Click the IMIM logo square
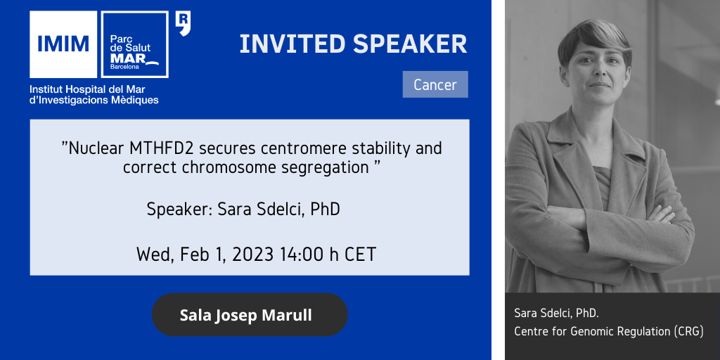(63, 44)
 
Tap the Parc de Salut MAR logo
(134, 44)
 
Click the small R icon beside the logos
(184, 24)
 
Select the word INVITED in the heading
(293, 44)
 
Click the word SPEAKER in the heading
(410, 44)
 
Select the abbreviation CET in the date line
(362, 254)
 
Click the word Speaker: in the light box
(179, 210)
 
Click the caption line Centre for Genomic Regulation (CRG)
(609, 332)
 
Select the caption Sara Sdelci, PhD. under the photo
(557, 314)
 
